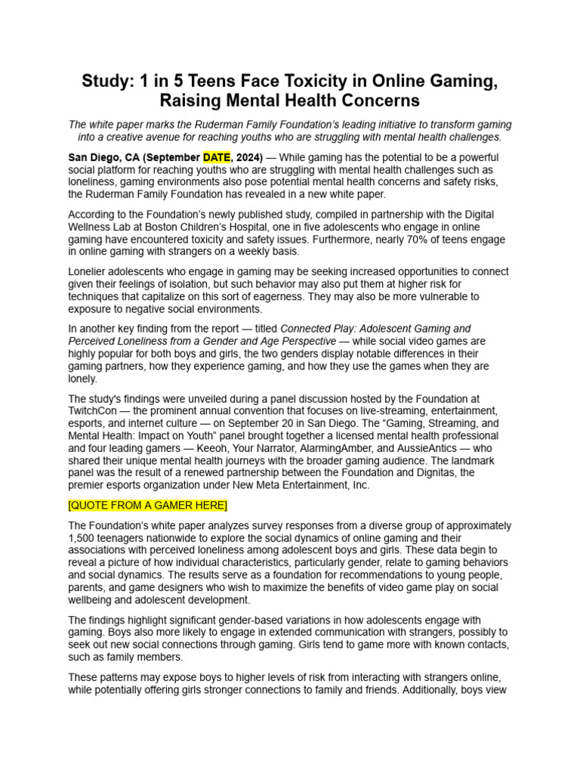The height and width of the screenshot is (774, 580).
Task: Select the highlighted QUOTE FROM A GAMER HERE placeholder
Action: coord(147,505)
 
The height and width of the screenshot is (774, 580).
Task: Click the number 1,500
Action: coord(84,537)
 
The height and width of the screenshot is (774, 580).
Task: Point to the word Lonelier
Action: coord(91,271)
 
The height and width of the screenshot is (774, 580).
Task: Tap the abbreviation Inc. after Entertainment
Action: coord(358,485)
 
